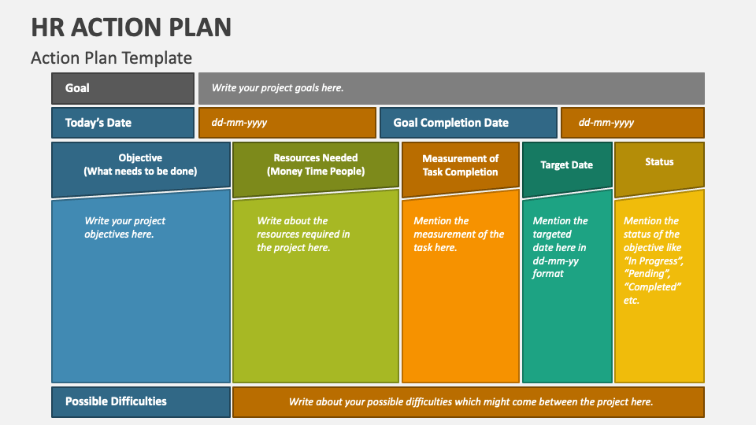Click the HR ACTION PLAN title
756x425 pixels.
coord(132,27)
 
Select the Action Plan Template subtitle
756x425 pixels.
coord(111,57)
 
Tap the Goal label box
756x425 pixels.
coord(122,88)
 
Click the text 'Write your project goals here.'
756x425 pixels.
coord(277,88)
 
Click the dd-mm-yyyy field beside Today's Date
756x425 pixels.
coord(239,123)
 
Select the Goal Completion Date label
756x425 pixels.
coord(451,123)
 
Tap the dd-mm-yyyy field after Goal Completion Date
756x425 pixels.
coord(606,123)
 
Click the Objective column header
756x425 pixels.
coord(140,164)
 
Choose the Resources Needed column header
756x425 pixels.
coord(315,164)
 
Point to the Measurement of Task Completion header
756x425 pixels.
coord(460,165)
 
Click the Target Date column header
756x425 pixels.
coord(566,165)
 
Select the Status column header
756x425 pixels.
coord(659,162)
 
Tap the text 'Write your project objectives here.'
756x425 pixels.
coord(124,227)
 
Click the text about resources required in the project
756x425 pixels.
coord(303,234)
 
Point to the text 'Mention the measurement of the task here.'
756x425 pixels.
coord(458,234)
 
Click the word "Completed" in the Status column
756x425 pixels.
coord(652,287)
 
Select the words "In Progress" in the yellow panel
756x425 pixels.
coord(653,261)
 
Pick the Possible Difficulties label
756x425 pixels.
coord(116,401)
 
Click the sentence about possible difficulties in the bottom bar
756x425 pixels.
coord(470,401)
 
